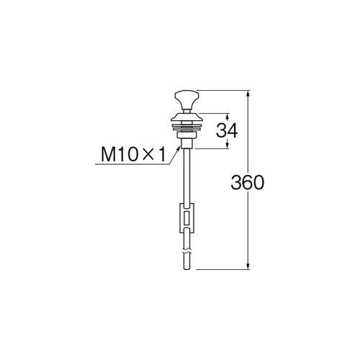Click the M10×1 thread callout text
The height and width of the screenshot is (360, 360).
[132, 155]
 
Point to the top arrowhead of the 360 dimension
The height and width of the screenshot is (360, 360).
[249, 93]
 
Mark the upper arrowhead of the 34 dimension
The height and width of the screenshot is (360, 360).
[228, 115]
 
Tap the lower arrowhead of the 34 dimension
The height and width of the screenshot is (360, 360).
[228, 145]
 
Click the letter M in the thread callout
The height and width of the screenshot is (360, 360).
[107, 155]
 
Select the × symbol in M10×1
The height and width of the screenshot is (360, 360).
[147, 155]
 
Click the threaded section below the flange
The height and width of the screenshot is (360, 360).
[187, 137]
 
